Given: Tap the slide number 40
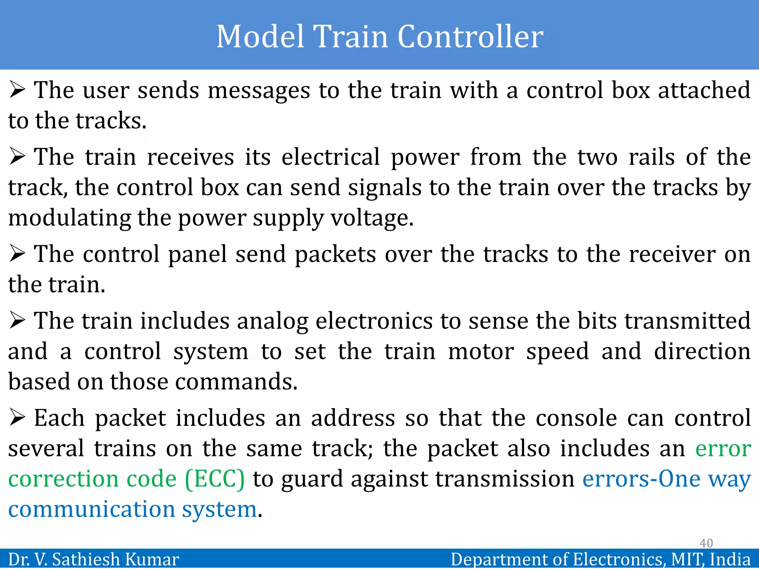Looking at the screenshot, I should (706, 543).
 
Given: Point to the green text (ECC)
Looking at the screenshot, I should (215, 479).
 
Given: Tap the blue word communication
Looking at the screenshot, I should (92, 509).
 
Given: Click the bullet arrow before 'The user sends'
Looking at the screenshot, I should (17, 90).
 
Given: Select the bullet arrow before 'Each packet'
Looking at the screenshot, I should (17, 418).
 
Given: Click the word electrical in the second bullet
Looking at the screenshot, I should (331, 157).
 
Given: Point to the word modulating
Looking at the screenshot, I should (69, 217).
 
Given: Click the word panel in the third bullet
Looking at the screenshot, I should (198, 254).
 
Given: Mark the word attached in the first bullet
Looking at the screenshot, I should (704, 90).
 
